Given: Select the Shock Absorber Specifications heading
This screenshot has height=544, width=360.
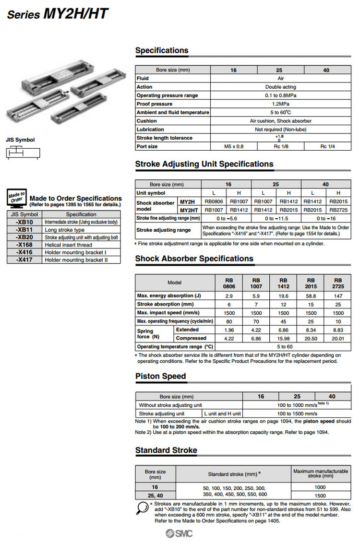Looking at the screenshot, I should tap(194, 259).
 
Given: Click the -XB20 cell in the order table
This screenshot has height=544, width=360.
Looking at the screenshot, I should tap(24, 237).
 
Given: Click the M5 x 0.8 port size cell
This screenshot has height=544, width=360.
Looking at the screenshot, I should tap(234, 146).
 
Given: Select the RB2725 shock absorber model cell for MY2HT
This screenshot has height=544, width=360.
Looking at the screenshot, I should tap(338, 210).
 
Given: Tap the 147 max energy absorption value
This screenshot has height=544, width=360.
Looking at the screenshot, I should tap(338, 296).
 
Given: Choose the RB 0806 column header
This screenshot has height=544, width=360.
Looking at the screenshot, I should tap(229, 283).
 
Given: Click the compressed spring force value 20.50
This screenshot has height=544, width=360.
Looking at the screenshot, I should tap(311, 338).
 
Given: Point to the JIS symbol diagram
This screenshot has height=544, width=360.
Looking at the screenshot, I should tap(23, 153).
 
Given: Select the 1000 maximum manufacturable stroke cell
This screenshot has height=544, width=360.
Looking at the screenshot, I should tap(320, 487).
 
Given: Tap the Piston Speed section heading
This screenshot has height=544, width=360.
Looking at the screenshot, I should tap(160, 376).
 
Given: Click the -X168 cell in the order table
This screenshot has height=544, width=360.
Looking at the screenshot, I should tap(24, 245).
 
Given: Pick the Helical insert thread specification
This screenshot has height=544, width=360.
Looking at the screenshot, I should tap(68, 245).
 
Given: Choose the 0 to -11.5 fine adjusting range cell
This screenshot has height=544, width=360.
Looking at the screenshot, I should tap(276, 218).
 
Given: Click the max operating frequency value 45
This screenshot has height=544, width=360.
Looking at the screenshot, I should tap(283, 321).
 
